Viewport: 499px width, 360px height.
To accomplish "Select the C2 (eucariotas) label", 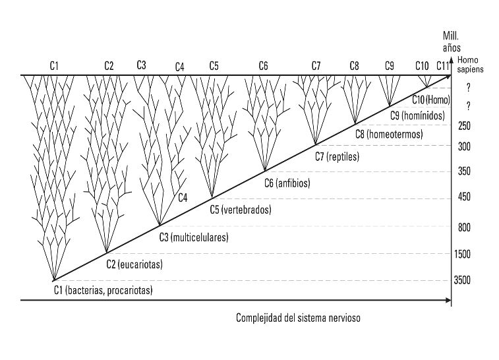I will (134, 264).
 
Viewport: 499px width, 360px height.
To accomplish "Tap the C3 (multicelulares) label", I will (194, 237).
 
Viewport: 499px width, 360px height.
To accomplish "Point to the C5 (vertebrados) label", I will (241, 210).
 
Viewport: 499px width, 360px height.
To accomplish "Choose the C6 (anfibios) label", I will (287, 183).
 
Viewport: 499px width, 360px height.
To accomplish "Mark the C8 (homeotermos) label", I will (389, 134).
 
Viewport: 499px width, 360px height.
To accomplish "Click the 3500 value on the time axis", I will (462, 281).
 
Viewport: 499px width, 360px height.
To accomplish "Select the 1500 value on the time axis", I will (462, 254).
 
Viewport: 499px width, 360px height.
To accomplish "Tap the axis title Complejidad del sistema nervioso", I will (299, 318).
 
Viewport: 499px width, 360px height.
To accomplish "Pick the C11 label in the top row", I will (442, 65).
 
